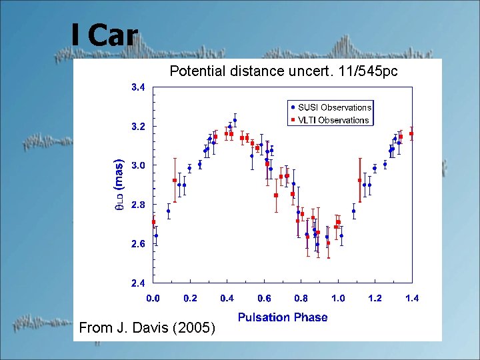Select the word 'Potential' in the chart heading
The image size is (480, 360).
click(194, 71)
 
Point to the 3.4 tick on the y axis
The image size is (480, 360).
click(137, 87)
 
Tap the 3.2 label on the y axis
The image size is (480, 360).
click(137, 127)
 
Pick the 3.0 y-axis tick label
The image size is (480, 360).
click(137, 165)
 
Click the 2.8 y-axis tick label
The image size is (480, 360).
click(137, 205)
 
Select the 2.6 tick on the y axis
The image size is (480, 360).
click(137, 244)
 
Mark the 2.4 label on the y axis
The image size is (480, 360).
click(137, 283)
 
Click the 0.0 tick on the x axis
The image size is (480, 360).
click(153, 299)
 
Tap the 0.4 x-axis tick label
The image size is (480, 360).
click(227, 299)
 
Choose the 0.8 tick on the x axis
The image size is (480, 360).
click(301, 299)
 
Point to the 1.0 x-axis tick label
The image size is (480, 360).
click(338, 299)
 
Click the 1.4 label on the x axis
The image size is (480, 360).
click(412, 299)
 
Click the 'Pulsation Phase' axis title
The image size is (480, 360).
click(283, 317)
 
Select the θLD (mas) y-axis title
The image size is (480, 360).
click(119, 185)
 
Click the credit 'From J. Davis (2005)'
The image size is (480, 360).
click(147, 327)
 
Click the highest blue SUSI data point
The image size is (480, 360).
click(235, 121)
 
